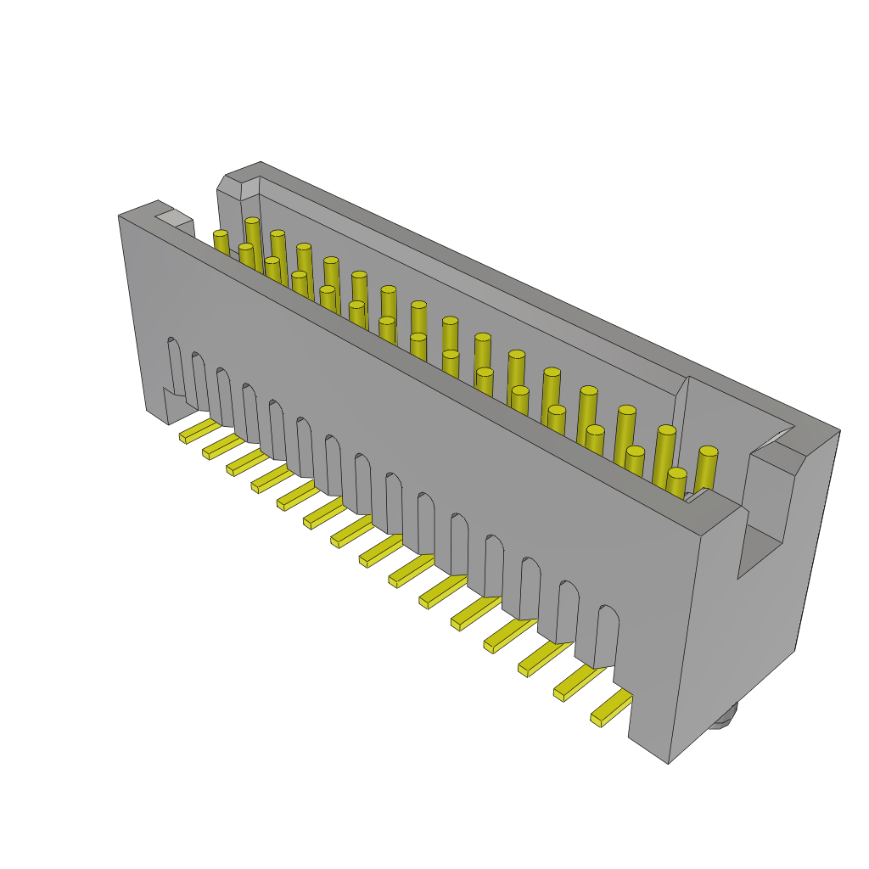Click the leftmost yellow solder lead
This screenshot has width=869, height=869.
click(x=199, y=431)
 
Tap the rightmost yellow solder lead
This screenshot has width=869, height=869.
click(x=611, y=708)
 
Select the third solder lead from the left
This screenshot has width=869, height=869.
click(x=246, y=463)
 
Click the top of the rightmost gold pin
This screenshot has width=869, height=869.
click(x=709, y=451)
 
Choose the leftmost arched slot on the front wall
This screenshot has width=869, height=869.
click(x=175, y=365)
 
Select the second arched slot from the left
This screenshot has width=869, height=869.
click(x=199, y=379)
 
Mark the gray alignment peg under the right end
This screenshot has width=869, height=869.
click(x=723, y=718)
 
